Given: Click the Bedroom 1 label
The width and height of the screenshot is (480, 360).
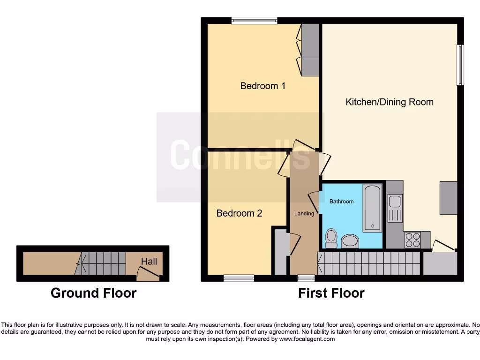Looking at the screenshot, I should pos(262,86).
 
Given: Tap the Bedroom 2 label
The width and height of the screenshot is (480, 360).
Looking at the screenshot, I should pos(239,213).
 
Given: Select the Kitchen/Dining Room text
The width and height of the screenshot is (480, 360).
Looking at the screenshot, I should pos(389,102).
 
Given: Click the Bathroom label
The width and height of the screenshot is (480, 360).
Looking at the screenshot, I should pos(341,201).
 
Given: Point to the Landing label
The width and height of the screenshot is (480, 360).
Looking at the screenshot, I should pos(304,213).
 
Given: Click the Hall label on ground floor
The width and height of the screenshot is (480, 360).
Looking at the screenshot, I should pos(149,262).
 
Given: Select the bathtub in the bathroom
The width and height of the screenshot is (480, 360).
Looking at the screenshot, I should pos(373,208).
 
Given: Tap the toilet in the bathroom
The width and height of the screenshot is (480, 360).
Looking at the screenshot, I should pos(331,238).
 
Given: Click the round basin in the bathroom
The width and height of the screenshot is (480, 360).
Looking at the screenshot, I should pos(350,241).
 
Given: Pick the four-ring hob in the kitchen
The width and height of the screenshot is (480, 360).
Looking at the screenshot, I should pos(412,240).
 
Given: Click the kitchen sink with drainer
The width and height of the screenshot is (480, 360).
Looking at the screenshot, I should pos(395,208).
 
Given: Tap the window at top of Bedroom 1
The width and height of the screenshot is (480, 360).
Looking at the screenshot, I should pos(254,20).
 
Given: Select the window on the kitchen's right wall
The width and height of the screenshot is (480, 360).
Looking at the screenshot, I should pos(460,65).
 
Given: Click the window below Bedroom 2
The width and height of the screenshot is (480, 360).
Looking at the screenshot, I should pos(239,278).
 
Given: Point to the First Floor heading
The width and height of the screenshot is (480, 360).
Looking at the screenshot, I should pos(331,293).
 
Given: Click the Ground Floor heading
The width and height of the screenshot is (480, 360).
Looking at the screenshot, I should pos(93,293).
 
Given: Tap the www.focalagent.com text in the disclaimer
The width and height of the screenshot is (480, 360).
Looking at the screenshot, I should pos(307,339).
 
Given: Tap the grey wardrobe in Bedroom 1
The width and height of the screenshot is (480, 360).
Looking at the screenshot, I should pos(310,49).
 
